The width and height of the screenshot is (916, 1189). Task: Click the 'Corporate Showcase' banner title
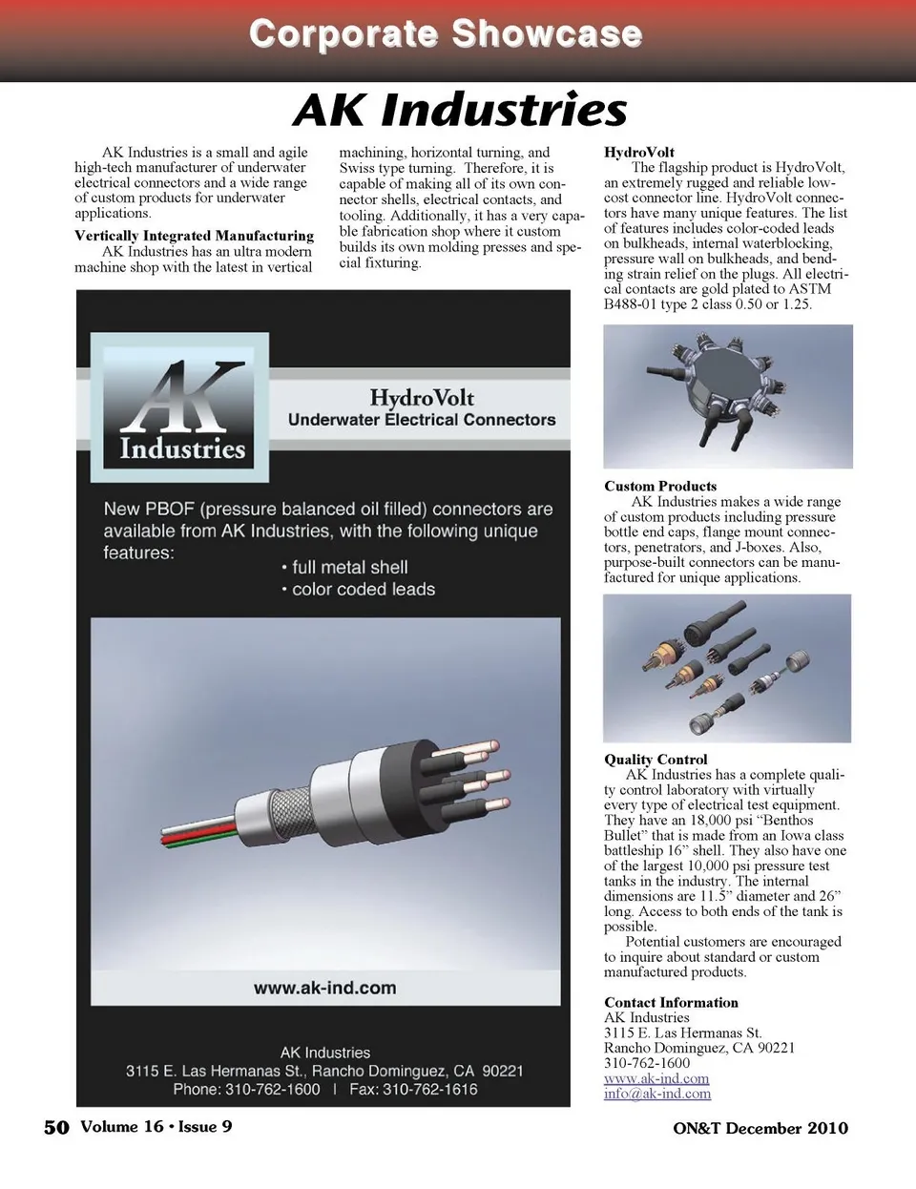(x=446, y=34)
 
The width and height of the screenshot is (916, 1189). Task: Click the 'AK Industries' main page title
(x=460, y=110)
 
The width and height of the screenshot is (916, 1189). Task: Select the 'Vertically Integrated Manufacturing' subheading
(x=194, y=236)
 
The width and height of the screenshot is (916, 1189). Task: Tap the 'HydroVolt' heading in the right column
(x=639, y=152)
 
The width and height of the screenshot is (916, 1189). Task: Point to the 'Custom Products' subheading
(x=660, y=486)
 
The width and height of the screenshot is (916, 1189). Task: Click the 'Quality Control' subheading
(x=656, y=760)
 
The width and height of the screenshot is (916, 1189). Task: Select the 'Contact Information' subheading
(x=671, y=1002)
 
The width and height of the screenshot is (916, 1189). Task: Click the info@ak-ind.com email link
(x=657, y=1094)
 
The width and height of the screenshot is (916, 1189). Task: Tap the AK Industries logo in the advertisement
(x=180, y=407)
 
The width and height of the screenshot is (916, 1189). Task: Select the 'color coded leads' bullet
(x=363, y=590)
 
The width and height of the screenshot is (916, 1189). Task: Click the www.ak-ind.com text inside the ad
(x=324, y=989)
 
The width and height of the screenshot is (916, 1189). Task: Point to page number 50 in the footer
(x=56, y=1127)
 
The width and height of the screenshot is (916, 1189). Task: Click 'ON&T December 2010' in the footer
(x=760, y=1128)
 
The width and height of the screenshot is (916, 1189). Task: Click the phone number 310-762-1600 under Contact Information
(x=647, y=1063)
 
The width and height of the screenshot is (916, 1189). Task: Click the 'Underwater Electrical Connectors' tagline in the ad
(x=422, y=420)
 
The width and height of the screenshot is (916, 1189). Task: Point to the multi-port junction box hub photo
(x=728, y=396)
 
